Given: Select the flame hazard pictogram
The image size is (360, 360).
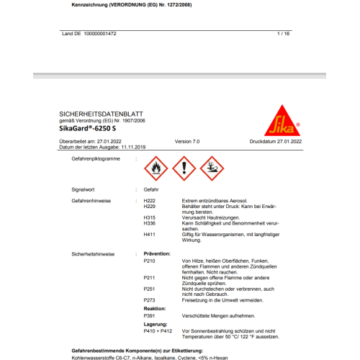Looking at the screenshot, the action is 155,167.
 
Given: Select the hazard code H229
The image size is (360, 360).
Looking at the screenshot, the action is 150,205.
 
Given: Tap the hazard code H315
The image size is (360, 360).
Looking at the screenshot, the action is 150,217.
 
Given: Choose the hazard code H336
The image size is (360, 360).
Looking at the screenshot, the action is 150,223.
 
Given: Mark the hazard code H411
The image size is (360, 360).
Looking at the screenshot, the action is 150,235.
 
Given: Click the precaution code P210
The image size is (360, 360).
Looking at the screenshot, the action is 150,260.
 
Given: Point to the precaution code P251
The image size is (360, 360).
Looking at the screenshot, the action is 150,289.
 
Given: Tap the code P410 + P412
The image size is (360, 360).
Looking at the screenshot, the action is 156,332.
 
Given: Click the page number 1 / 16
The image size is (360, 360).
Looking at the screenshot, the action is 282,33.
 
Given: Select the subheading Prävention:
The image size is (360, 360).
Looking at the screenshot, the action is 157,253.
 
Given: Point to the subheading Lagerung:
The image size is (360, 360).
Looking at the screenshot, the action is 155,324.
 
